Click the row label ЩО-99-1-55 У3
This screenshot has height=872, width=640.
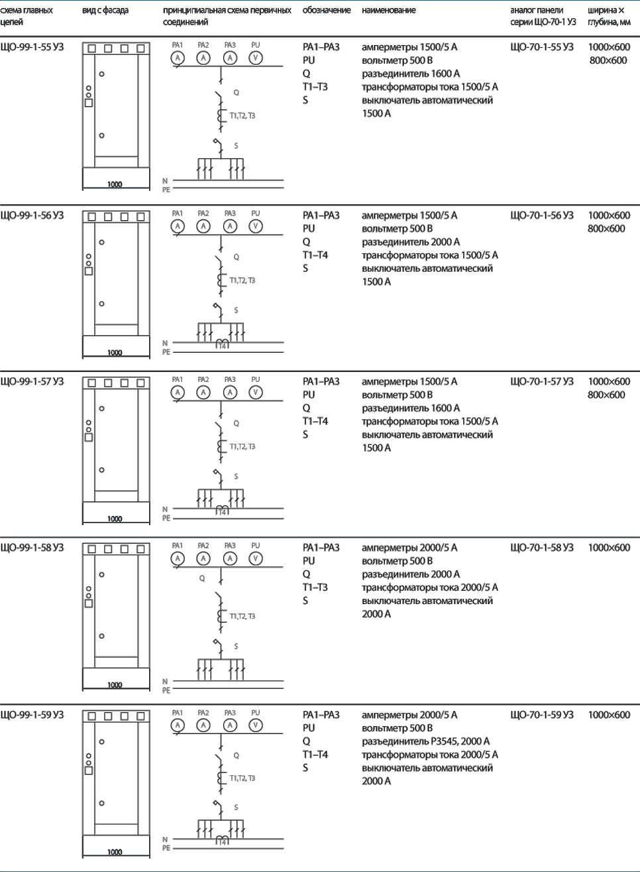32,47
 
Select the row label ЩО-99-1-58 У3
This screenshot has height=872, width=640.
32,548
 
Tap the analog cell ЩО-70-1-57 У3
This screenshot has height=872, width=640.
542,381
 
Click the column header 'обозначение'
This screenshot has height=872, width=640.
327,11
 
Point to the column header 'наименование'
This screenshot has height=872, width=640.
389,11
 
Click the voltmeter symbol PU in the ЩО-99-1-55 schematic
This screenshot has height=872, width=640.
256,58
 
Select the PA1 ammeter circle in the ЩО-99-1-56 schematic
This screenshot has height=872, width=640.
178,226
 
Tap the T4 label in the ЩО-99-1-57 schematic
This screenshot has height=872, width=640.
222,513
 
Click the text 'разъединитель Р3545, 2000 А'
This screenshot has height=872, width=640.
426,741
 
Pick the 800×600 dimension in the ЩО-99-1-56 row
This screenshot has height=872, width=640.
606,229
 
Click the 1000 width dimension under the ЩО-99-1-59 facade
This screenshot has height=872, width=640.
115,852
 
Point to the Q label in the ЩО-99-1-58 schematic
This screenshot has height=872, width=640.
202,578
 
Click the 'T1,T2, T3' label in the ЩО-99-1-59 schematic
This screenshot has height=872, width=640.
242,779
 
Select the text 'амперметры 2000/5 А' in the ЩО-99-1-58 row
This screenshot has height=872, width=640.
409,548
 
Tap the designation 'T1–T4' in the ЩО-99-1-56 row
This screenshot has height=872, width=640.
315,255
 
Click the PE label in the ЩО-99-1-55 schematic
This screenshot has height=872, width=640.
166,190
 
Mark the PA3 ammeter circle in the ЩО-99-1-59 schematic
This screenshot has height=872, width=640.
230,725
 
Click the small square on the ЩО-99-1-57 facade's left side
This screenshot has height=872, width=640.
89,438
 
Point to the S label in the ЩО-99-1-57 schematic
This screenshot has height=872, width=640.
236,477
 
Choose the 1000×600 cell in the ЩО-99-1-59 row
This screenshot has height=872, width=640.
609,715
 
